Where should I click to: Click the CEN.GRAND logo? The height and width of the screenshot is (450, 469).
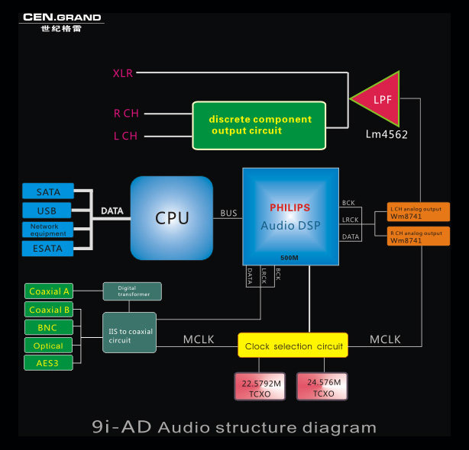click(61, 21)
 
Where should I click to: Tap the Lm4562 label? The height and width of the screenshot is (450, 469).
click(387, 134)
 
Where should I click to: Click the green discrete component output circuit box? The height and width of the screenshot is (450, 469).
click(259, 125)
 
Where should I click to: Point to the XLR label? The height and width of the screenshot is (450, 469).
click(122, 73)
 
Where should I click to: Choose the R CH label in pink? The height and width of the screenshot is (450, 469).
click(126, 114)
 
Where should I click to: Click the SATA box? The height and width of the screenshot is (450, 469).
click(48, 191)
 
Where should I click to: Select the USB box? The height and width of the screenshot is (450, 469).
click(48, 211)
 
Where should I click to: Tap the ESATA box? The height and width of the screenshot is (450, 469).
click(48, 249)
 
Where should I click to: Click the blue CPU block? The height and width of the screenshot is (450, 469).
click(171, 218)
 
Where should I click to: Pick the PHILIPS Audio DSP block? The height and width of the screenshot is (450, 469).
click(290, 217)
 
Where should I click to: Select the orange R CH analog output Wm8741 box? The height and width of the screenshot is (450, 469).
click(418, 236)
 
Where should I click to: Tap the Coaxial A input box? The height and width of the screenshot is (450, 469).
click(50, 291)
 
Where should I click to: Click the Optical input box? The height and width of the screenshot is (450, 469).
click(50, 346)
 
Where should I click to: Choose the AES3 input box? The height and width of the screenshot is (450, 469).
click(50, 363)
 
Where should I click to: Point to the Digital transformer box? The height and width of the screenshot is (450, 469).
click(131, 291)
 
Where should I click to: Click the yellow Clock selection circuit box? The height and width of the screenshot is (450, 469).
click(293, 346)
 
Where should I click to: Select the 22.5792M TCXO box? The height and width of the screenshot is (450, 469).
click(260, 387)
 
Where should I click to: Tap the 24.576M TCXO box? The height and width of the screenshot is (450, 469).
click(323, 387)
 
